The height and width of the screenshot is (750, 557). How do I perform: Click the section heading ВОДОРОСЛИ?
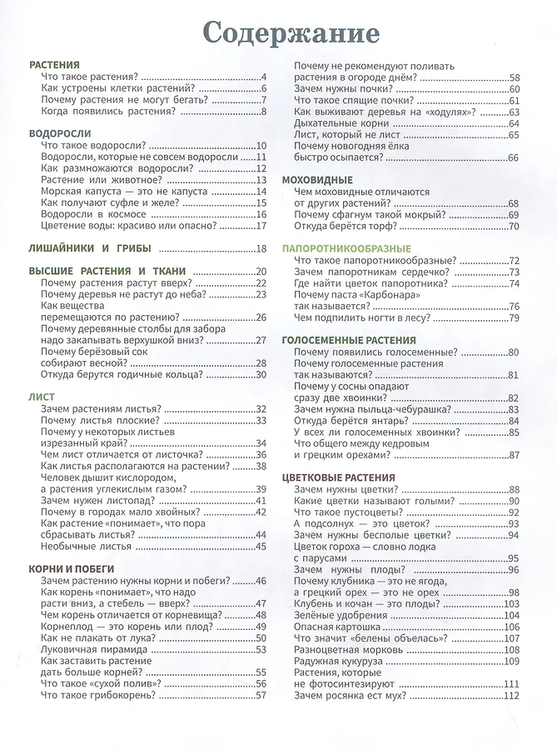coord(60,133)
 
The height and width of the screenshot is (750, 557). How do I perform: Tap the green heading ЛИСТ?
coord(42,397)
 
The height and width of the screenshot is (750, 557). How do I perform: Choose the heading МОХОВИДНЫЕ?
coord(318,180)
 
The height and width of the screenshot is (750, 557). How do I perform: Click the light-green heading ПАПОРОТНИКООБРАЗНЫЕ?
coord(347,248)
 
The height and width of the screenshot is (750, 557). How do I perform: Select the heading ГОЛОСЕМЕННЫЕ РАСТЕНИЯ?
coord(349,340)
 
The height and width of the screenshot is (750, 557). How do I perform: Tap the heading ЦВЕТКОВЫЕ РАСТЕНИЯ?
coord(339,477)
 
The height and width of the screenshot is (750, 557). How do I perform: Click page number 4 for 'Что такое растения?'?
coord(262,77)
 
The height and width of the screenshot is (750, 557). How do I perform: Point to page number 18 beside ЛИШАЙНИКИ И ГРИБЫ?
coord(261,248)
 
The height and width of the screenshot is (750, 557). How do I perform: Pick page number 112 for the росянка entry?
coord(511,696)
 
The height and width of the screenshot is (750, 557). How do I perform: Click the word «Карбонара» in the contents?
coord(385,295)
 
